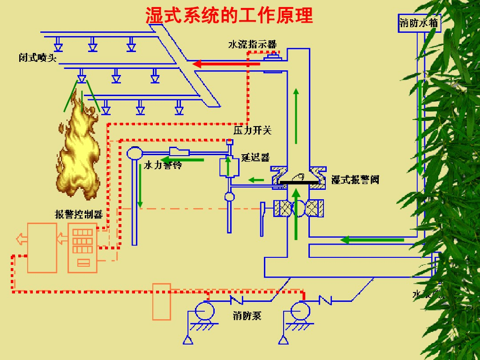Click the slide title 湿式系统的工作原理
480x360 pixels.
(x=229, y=15)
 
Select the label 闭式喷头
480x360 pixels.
(x=37, y=59)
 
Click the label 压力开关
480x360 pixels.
(x=252, y=130)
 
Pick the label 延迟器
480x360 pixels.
(x=255, y=157)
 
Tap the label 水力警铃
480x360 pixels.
(x=162, y=165)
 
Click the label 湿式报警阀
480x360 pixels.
(x=355, y=180)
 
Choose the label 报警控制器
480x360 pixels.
(x=79, y=215)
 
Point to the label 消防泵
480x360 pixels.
(x=247, y=315)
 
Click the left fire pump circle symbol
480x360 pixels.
(x=204, y=310)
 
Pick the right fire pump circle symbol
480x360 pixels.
(x=300, y=310)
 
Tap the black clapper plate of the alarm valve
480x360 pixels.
(x=299, y=182)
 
